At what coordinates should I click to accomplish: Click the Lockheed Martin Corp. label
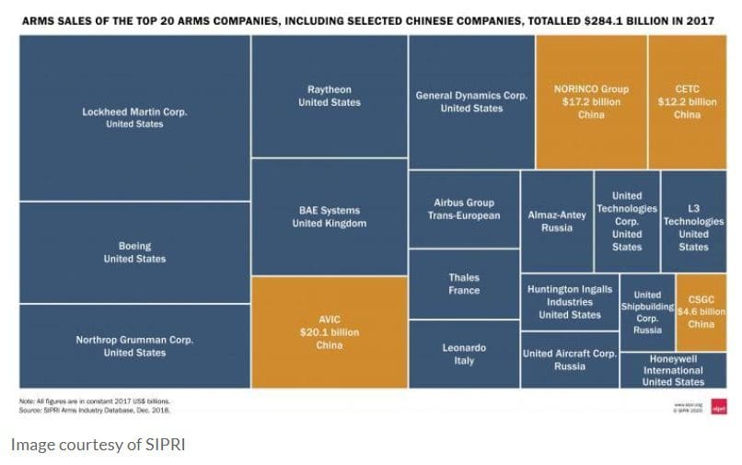tap(134, 111)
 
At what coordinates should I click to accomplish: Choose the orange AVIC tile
tap(329, 331)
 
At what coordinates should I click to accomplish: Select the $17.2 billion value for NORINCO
tap(591, 102)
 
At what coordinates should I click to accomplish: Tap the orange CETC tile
tap(687, 101)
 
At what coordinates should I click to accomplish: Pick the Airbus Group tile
tap(464, 209)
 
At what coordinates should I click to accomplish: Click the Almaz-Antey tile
tap(556, 221)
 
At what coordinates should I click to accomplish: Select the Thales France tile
tap(464, 284)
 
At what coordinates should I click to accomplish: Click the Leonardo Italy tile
tap(464, 354)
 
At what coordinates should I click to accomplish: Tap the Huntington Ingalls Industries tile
tap(569, 302)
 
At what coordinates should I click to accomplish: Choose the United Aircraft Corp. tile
tap(569, 359)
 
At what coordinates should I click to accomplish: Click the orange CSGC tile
tap(701, 311)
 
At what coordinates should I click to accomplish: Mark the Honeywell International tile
tap(673, 369)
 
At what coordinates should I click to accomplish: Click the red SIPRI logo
tap(719, 408)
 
